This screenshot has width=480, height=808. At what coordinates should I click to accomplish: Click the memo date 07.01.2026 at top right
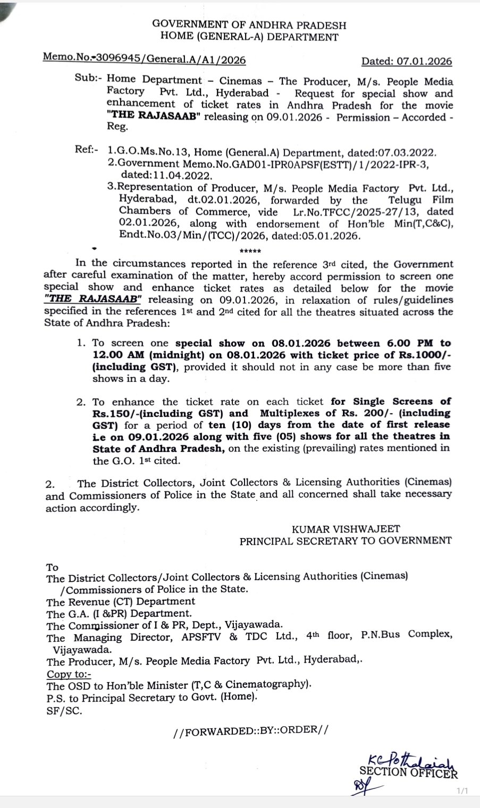click(x=424, y=61)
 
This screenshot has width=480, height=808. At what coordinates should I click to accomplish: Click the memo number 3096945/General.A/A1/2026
click(x=174, y=60)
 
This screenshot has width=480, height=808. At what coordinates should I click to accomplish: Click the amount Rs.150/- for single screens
click(x=115, y=413)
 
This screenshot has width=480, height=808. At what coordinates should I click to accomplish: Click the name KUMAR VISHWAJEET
click(x=346, y=529)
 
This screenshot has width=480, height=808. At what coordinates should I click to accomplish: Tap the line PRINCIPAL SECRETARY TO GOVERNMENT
click(x=346, y=541)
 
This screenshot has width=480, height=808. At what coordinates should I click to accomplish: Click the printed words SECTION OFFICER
click(x=408, y=772)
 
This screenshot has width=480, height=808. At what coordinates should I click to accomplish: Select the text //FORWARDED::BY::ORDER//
click(x=250, y=730)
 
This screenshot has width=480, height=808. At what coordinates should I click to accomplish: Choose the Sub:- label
click(x=88, y=81)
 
